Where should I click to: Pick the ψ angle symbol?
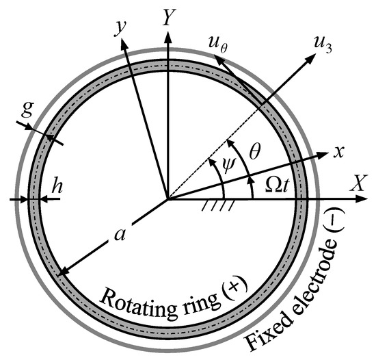pyautogui.click(x=231, y=166)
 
